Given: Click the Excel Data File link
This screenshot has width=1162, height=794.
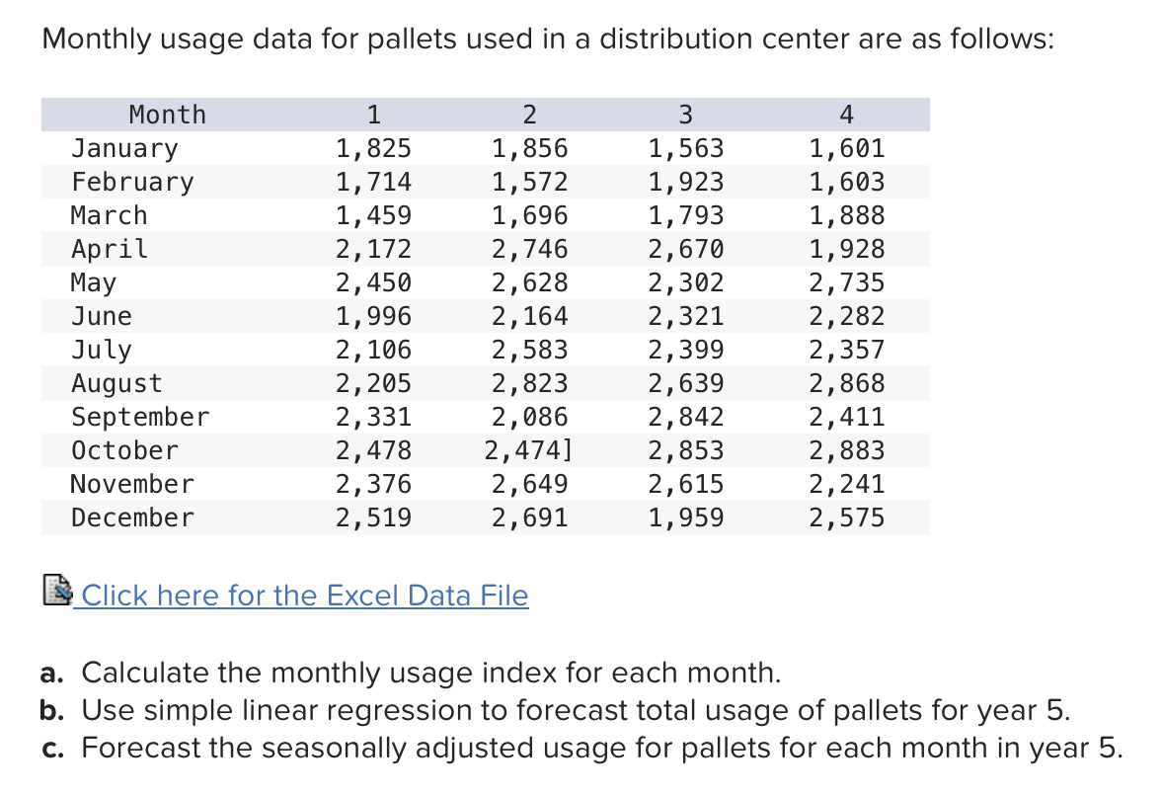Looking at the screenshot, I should (305, 595).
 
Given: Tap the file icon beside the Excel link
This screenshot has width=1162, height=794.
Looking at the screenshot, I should (57, 593).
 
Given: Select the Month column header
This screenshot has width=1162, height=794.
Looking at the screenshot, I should (168, 115).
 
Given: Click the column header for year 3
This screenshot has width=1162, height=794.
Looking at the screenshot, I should (686, 115).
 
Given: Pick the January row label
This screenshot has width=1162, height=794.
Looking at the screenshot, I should (124, 149).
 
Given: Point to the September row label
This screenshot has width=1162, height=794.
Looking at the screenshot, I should (140, 417).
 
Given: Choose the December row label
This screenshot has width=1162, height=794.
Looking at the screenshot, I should (132, 517).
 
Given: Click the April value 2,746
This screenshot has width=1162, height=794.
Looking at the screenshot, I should (530, 249).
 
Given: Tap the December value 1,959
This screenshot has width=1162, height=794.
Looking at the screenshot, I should (686, 517).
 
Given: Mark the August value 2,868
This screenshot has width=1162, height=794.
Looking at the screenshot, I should (847, 383).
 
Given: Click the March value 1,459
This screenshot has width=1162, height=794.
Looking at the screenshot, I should (373, 215).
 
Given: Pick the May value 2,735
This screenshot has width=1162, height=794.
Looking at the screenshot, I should (847, 283).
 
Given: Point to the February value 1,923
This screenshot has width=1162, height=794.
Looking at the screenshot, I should (686, 183).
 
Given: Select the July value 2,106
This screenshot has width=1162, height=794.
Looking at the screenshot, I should (373, 351).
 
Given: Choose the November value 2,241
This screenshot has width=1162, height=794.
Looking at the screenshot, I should (847, 485).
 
